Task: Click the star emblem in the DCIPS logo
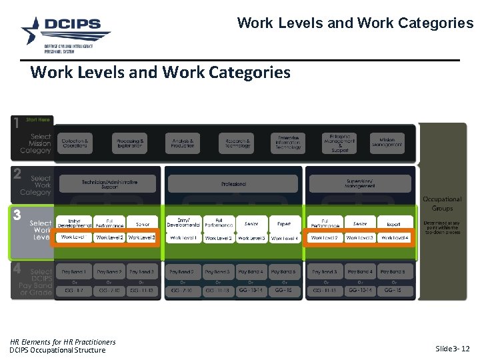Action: [32, 30]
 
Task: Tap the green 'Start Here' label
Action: [37, 120]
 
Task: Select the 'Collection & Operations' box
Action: [75, 143]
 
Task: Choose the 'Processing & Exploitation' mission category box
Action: [129, 143]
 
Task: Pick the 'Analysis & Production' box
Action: [183, 143]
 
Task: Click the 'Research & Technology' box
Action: [237, 143]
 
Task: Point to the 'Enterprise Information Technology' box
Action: [289, 143]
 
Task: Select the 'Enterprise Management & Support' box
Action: [339, 143]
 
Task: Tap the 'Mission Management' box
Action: [387, 143]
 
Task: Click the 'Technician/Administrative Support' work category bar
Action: [110, 183]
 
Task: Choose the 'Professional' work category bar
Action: [233, 184]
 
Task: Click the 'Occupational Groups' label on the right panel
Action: [442, 203]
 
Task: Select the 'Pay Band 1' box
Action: [75, 272]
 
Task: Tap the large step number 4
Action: [17, 269]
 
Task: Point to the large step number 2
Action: [17, 174]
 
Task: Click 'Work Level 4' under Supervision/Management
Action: [394, 238]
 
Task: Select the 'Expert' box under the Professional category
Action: [285, 224]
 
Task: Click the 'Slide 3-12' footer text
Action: [452, 349]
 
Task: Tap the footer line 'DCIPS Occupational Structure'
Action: [57, 351]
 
